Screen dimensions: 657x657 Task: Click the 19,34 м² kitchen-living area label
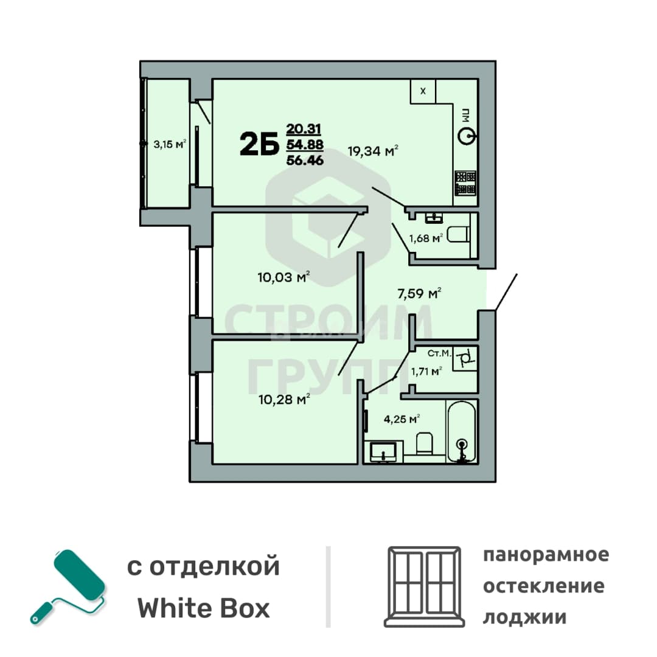click(x=373, y=150)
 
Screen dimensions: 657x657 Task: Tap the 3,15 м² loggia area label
click(x=170, y=144)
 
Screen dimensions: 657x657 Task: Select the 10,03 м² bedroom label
click(x=283, y=277)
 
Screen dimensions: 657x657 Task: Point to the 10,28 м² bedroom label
click(x=284, y=399)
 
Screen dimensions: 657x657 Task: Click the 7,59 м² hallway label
click(x=419, y=293)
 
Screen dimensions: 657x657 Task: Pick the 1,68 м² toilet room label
click(x=426, y=238)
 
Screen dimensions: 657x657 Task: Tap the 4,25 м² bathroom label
click(x=402, y=419)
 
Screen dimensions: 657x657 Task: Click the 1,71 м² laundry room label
click(x=426, y=371)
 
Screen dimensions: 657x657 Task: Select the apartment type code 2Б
click(x=259, y=144)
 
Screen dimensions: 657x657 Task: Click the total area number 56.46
click(x=305, y=159)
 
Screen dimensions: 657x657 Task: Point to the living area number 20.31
click(x=304, y=128)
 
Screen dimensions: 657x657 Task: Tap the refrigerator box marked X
click(x=423, y=91)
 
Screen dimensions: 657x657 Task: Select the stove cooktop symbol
click(x=465, y=182)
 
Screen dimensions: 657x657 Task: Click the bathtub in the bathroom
click(x=462, y=431)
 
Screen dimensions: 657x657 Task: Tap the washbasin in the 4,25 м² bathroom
click(x=383, y=451)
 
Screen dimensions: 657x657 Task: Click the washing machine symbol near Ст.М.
click(x=465, y=359)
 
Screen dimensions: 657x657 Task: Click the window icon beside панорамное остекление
click(x=425, y=586)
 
